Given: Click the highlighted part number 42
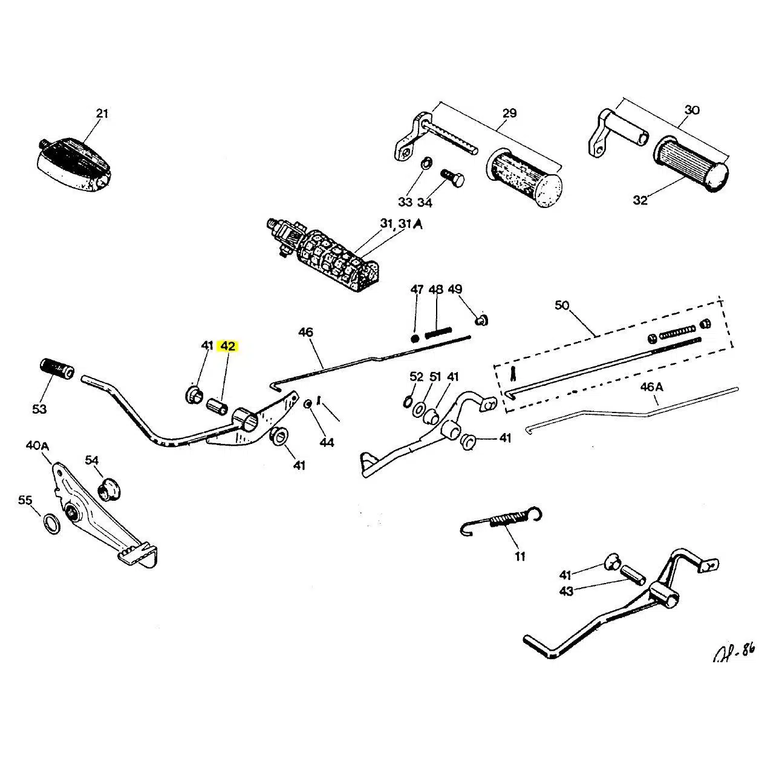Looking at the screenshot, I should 228,346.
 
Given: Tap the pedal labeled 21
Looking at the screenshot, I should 73,158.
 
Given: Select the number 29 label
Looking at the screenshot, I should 510,113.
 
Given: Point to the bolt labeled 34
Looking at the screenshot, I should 452,178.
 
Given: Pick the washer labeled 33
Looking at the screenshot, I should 425,163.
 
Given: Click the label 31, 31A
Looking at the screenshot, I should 402,224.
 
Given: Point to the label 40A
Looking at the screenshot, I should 37,446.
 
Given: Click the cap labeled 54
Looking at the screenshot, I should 109,488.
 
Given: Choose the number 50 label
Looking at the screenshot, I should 562,305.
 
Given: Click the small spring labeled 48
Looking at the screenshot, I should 438,333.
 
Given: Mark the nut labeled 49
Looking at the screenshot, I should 482,321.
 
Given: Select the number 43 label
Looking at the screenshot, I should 566,591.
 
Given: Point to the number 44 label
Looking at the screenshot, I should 327,442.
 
